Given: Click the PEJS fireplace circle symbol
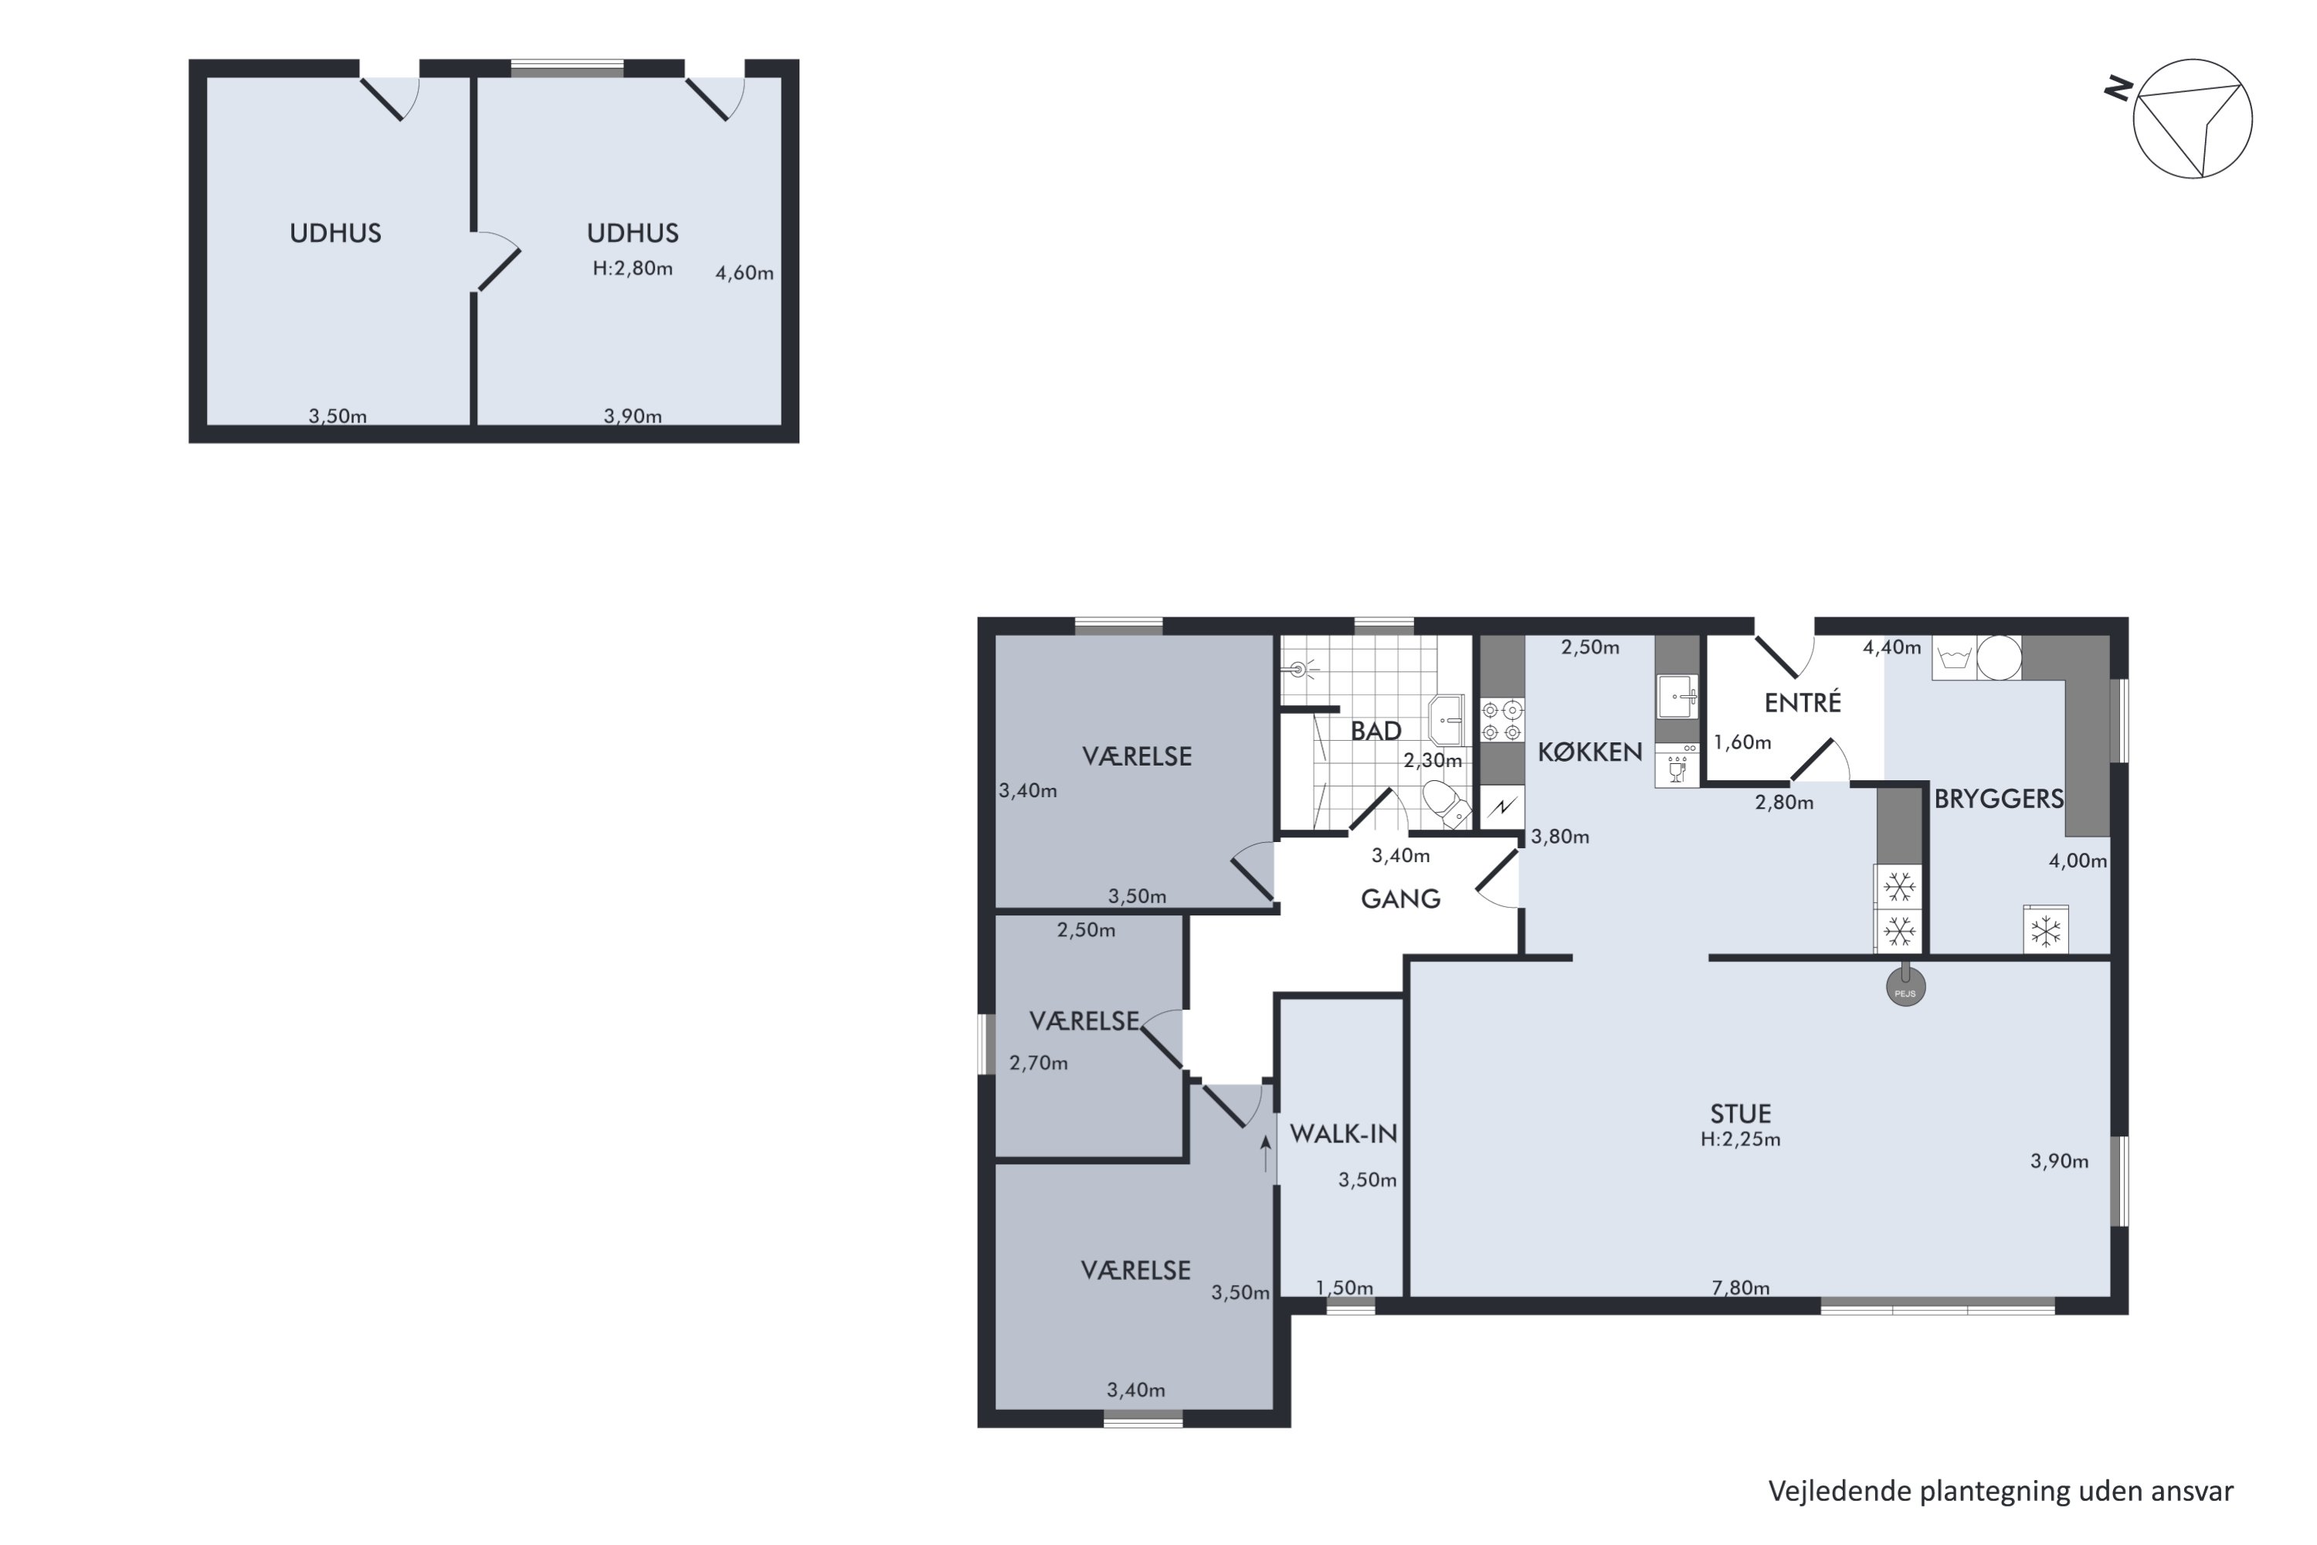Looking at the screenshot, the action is (x=1905, y=986).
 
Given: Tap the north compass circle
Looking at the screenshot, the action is (x=2192, y=118).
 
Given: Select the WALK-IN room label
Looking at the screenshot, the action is (x=1344, y=1134).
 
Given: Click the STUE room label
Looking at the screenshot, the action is (x=1740, y=1113).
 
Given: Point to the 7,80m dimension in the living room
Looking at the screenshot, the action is (x=1740, y=1287).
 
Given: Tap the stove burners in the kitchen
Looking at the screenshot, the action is (x=1501, y=720).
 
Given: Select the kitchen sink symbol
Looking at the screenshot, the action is (x=1677, y=697).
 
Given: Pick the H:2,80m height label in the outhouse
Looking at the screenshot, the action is (x=633, y=268).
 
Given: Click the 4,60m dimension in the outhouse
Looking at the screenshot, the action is (x=744, y=273).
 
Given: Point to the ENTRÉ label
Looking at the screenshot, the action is (x=1802, y=701).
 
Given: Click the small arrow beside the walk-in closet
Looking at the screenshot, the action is (x=1265, y=1153).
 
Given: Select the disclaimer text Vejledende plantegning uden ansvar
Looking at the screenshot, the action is (x=2001, y=1492).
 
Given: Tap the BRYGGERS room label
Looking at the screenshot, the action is (x=1998, y=798).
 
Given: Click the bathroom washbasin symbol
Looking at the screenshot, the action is (x=1445, y=719).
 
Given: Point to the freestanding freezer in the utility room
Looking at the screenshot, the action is (x=2045, y=929).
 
